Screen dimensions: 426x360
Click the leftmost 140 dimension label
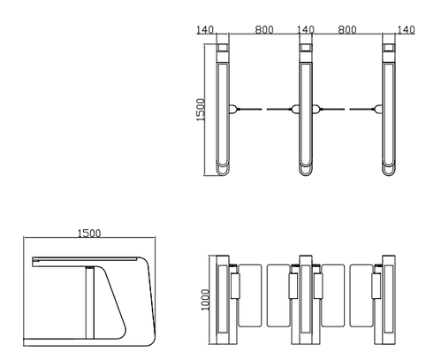205,29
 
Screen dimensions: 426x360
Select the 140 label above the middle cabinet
306,29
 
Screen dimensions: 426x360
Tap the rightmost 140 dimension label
407,29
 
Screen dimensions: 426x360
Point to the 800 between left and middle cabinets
264,29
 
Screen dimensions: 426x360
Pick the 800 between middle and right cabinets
347,29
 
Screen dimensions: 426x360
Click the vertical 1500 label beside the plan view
201,110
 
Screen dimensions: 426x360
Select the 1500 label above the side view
89,234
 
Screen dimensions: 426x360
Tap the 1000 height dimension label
205,300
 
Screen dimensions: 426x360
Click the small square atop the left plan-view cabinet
223,48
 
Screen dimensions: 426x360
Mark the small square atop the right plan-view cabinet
389,48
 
